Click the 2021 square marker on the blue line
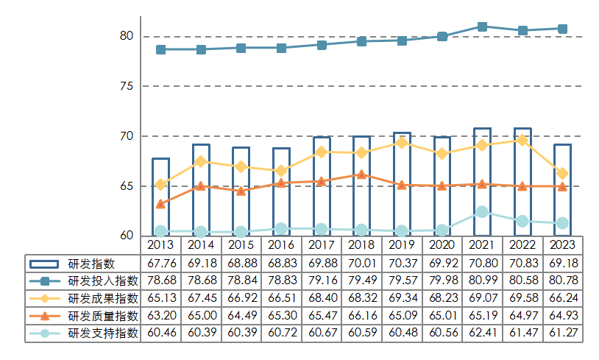(482, 27)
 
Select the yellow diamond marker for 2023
(562, 174)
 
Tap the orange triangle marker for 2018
(361, 174)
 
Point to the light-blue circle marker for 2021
(482, 212)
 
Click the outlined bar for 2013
(160, 196)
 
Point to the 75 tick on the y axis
(127, 86)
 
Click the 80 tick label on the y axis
(127, 36)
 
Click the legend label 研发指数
(91, 264)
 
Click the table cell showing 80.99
(482, 281)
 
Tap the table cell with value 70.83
(522, 264)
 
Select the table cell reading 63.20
(160, 316)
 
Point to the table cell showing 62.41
(482, 333)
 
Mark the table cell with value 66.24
(562, 298)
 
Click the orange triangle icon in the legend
(46, 316)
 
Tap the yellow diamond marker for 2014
(201, 161)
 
